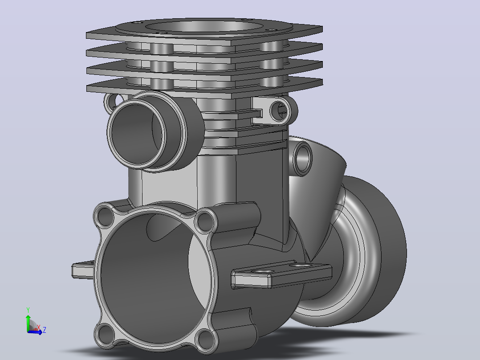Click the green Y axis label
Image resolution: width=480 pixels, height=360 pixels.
pos(28,310)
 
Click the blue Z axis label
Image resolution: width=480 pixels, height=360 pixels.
pos(45,330)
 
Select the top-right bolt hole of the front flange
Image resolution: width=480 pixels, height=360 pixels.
pos(204,221)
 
